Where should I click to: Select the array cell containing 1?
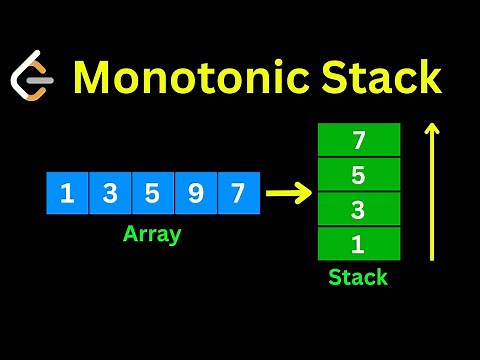pos(67,192)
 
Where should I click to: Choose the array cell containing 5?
pos(152,192)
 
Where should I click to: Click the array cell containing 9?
pos(195,192)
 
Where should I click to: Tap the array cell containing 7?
pos(238,192)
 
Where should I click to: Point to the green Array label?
pos(151,236)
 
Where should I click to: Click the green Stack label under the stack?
pos(358,277)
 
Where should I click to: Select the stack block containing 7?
pos(359,140)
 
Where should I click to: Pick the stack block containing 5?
pos(359,174)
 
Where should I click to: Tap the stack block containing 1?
pos(359,243)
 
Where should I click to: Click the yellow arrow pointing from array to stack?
pos(288,193)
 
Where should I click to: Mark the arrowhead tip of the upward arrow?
pos(433,124)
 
